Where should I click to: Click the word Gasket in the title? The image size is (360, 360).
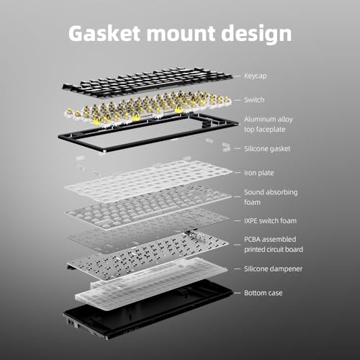104,33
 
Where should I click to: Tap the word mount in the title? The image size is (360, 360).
181,33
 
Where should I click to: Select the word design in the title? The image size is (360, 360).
256,35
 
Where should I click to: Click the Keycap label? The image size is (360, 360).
256,76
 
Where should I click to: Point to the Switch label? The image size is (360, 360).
254,99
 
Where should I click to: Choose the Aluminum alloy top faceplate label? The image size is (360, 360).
269,125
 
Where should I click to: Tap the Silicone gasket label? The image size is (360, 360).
267,149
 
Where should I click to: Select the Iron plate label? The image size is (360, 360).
259,173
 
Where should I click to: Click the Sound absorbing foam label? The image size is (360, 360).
271,197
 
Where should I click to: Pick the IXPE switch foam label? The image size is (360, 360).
270,221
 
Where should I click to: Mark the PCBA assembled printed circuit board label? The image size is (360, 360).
274,244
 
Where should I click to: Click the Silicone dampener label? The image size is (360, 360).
273,269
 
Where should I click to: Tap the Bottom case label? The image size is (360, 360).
263,293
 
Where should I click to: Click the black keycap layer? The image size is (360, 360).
147,81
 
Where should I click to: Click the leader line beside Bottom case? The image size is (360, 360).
237,293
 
